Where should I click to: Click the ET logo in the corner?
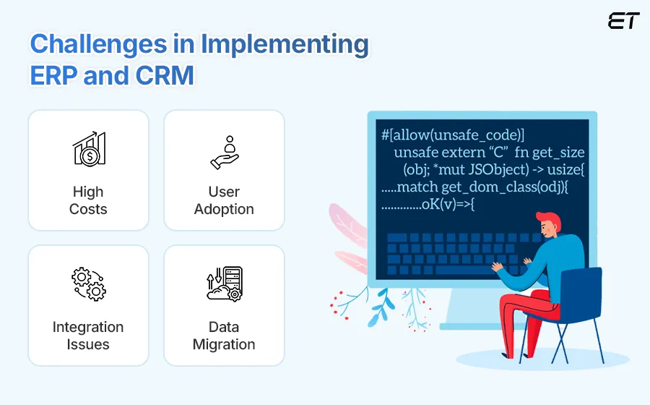[623, 21]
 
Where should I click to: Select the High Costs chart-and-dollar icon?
[89, 149]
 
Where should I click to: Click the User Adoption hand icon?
[224, 151]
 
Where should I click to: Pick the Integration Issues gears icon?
[89, 283]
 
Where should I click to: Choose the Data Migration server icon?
[224, 283]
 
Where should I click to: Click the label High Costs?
[88, 201]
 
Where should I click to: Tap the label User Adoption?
[224, 201]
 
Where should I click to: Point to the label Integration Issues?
[88, 336]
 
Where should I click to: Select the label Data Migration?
[224, 336]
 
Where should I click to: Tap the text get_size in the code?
[558, 153]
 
